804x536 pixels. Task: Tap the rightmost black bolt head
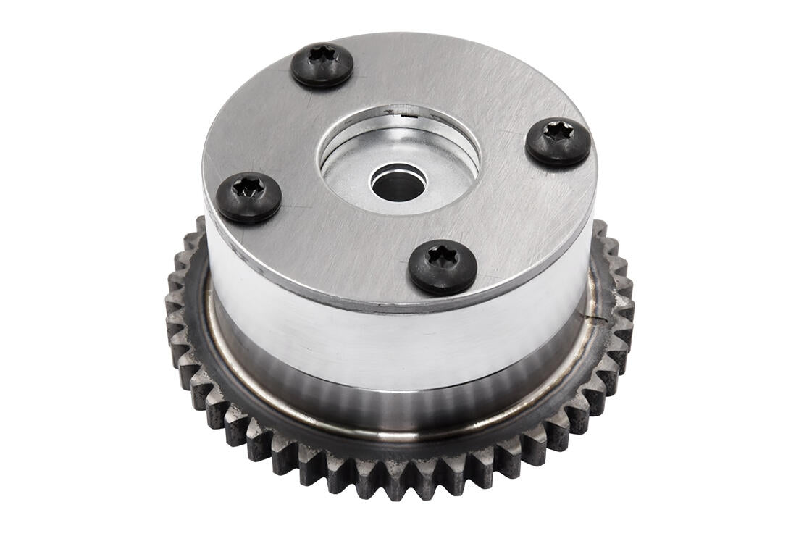[558, 141]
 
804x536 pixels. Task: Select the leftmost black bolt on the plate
[249, 196]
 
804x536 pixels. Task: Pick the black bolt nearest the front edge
[442, 266]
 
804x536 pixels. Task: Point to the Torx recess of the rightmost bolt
[558, 131]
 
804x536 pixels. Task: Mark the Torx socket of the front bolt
[440, 256]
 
